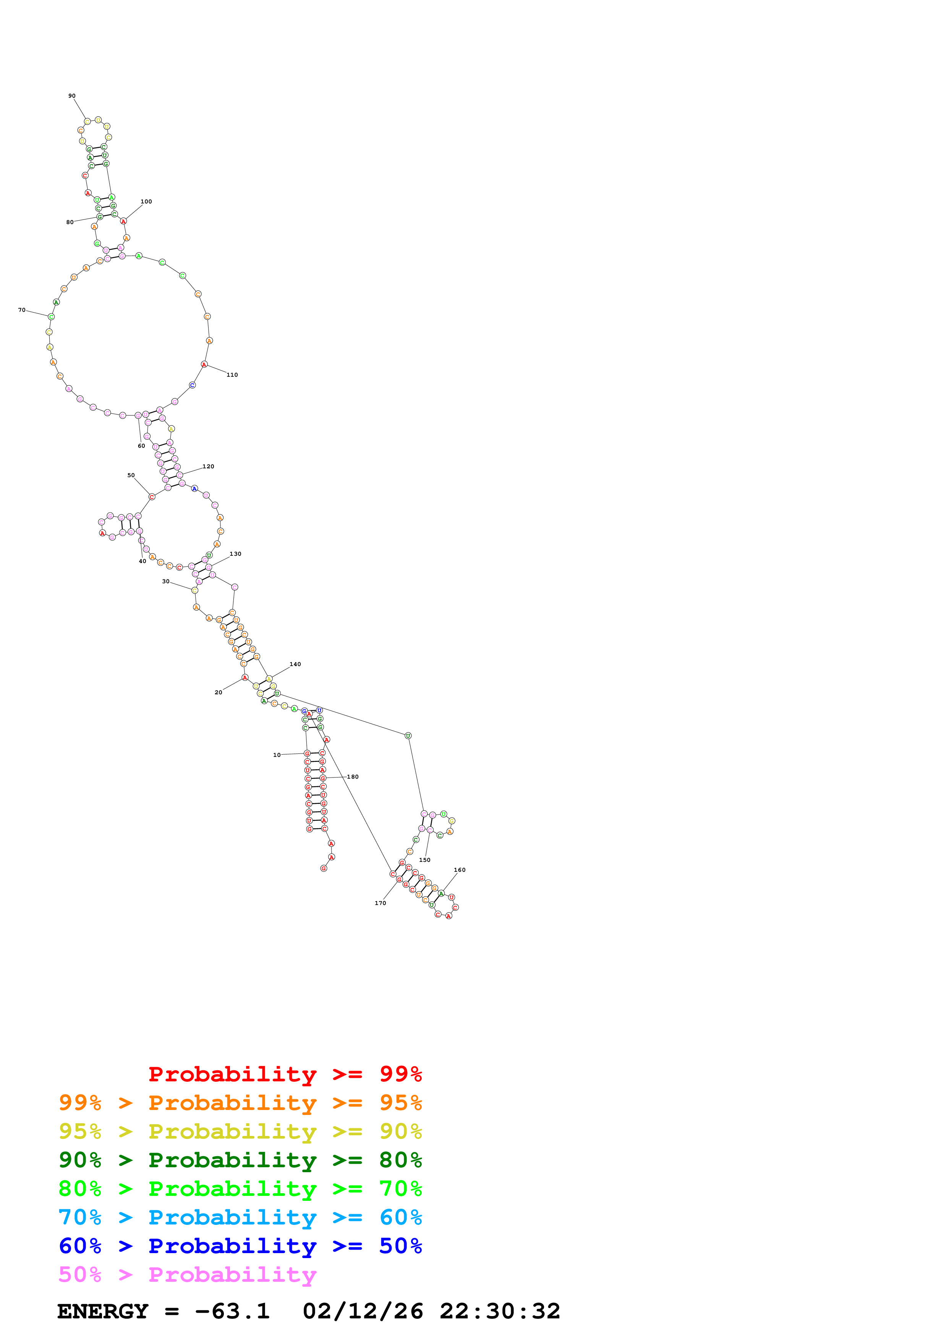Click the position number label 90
click(72, 96)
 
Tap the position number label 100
click(146, 202)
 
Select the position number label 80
click(70, 222)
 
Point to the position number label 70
click(22, 310)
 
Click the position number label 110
click(232, 375)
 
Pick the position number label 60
click(141, 446)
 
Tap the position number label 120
click(208, 466)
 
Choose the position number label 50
click(131, 475)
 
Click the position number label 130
click(235, 554)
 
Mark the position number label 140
click(295, 664)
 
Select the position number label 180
click(353, 777)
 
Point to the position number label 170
click(380, 903)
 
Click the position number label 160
click(460, 870)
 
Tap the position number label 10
click(277, 755)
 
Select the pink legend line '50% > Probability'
click(187, 1275)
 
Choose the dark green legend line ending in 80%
click(240, 1160)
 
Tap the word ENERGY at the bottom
click(103, 1312)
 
